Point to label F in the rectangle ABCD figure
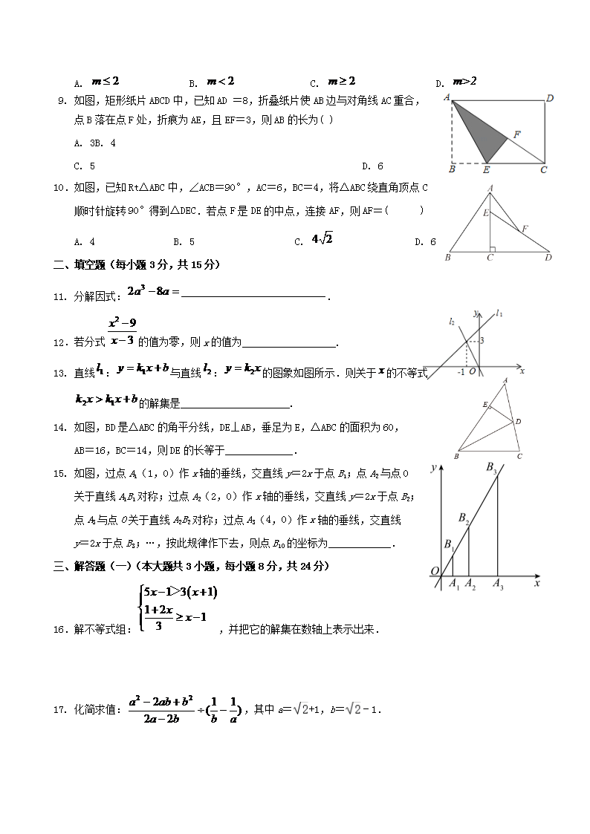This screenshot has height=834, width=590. [516, 134]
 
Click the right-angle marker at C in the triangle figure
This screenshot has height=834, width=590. [492, 250]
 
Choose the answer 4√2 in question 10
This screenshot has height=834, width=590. [322, 239]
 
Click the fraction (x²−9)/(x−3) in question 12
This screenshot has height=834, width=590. [122, 332]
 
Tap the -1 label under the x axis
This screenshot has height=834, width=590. [461, 372]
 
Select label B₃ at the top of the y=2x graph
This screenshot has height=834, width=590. [492, 467]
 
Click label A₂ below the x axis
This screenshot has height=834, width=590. [470, 585]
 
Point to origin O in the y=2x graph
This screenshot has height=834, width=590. [433, 570]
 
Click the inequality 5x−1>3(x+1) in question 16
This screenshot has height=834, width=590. [181, 592]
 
